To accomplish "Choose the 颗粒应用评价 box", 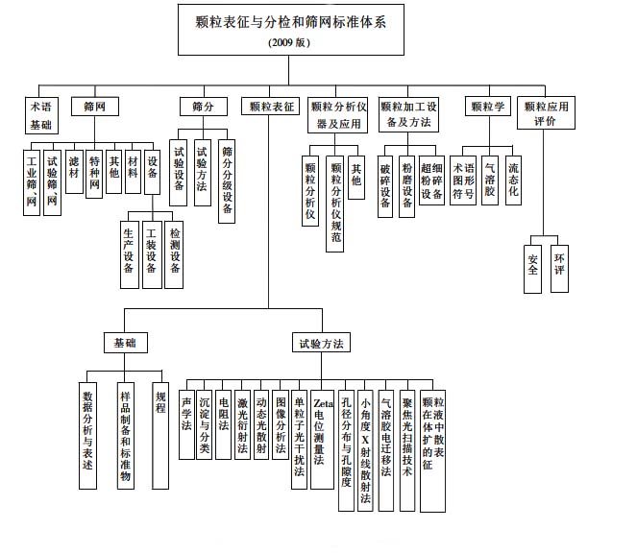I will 545,114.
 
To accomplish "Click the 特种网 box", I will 94,172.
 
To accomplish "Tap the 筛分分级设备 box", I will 228,181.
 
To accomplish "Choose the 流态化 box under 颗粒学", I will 513,177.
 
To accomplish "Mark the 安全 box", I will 533,265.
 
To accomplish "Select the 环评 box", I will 560,265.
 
